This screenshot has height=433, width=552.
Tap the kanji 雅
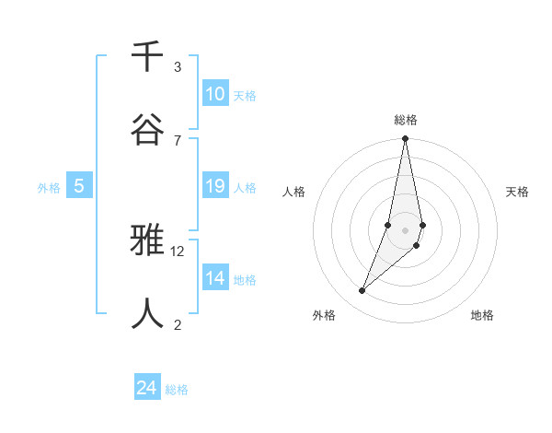pos(147,241)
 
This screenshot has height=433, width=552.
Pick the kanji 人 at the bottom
pos(147,313)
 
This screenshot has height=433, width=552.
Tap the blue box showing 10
pos(214,94)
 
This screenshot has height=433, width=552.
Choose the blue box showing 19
pos(214,186)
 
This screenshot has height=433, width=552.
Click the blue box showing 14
pos(214,278)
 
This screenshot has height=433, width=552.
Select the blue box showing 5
pos(79,186)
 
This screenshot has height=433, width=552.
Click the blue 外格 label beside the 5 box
pos(49,188)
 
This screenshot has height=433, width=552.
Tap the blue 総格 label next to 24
pos(177,390)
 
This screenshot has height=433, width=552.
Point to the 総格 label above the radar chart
pos(406,120)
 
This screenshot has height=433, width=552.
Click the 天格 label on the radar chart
pos(517,192)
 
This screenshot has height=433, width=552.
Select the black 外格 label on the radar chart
pos(323,315)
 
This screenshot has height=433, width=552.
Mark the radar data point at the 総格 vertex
pos(405,139)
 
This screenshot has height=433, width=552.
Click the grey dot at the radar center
pos(405,229)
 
